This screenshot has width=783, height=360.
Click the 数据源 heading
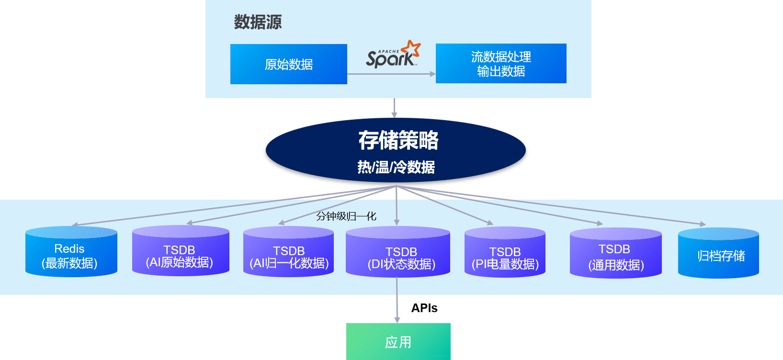(258, 22)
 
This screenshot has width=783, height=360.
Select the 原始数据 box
(288, 64)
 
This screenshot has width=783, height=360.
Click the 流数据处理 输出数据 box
(501, 64)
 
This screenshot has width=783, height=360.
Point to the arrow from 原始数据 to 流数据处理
(391, 74)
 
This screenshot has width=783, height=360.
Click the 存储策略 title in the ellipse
(398, 140)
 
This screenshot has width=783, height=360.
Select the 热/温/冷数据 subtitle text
(396, 167)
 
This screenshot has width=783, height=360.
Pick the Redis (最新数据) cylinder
(71, 252)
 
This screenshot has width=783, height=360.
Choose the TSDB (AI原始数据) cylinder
(180, 252)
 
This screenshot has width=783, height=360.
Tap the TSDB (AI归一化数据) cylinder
(288, 253)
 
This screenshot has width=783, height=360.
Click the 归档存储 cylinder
(718, 254)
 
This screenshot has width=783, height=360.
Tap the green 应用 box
(398, 342)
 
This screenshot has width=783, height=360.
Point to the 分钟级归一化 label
(346, 216)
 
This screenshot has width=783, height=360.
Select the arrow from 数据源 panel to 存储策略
(394, 108)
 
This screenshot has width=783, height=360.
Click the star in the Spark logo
(411, 48)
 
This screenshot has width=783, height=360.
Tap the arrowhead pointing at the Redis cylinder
(75, 225)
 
